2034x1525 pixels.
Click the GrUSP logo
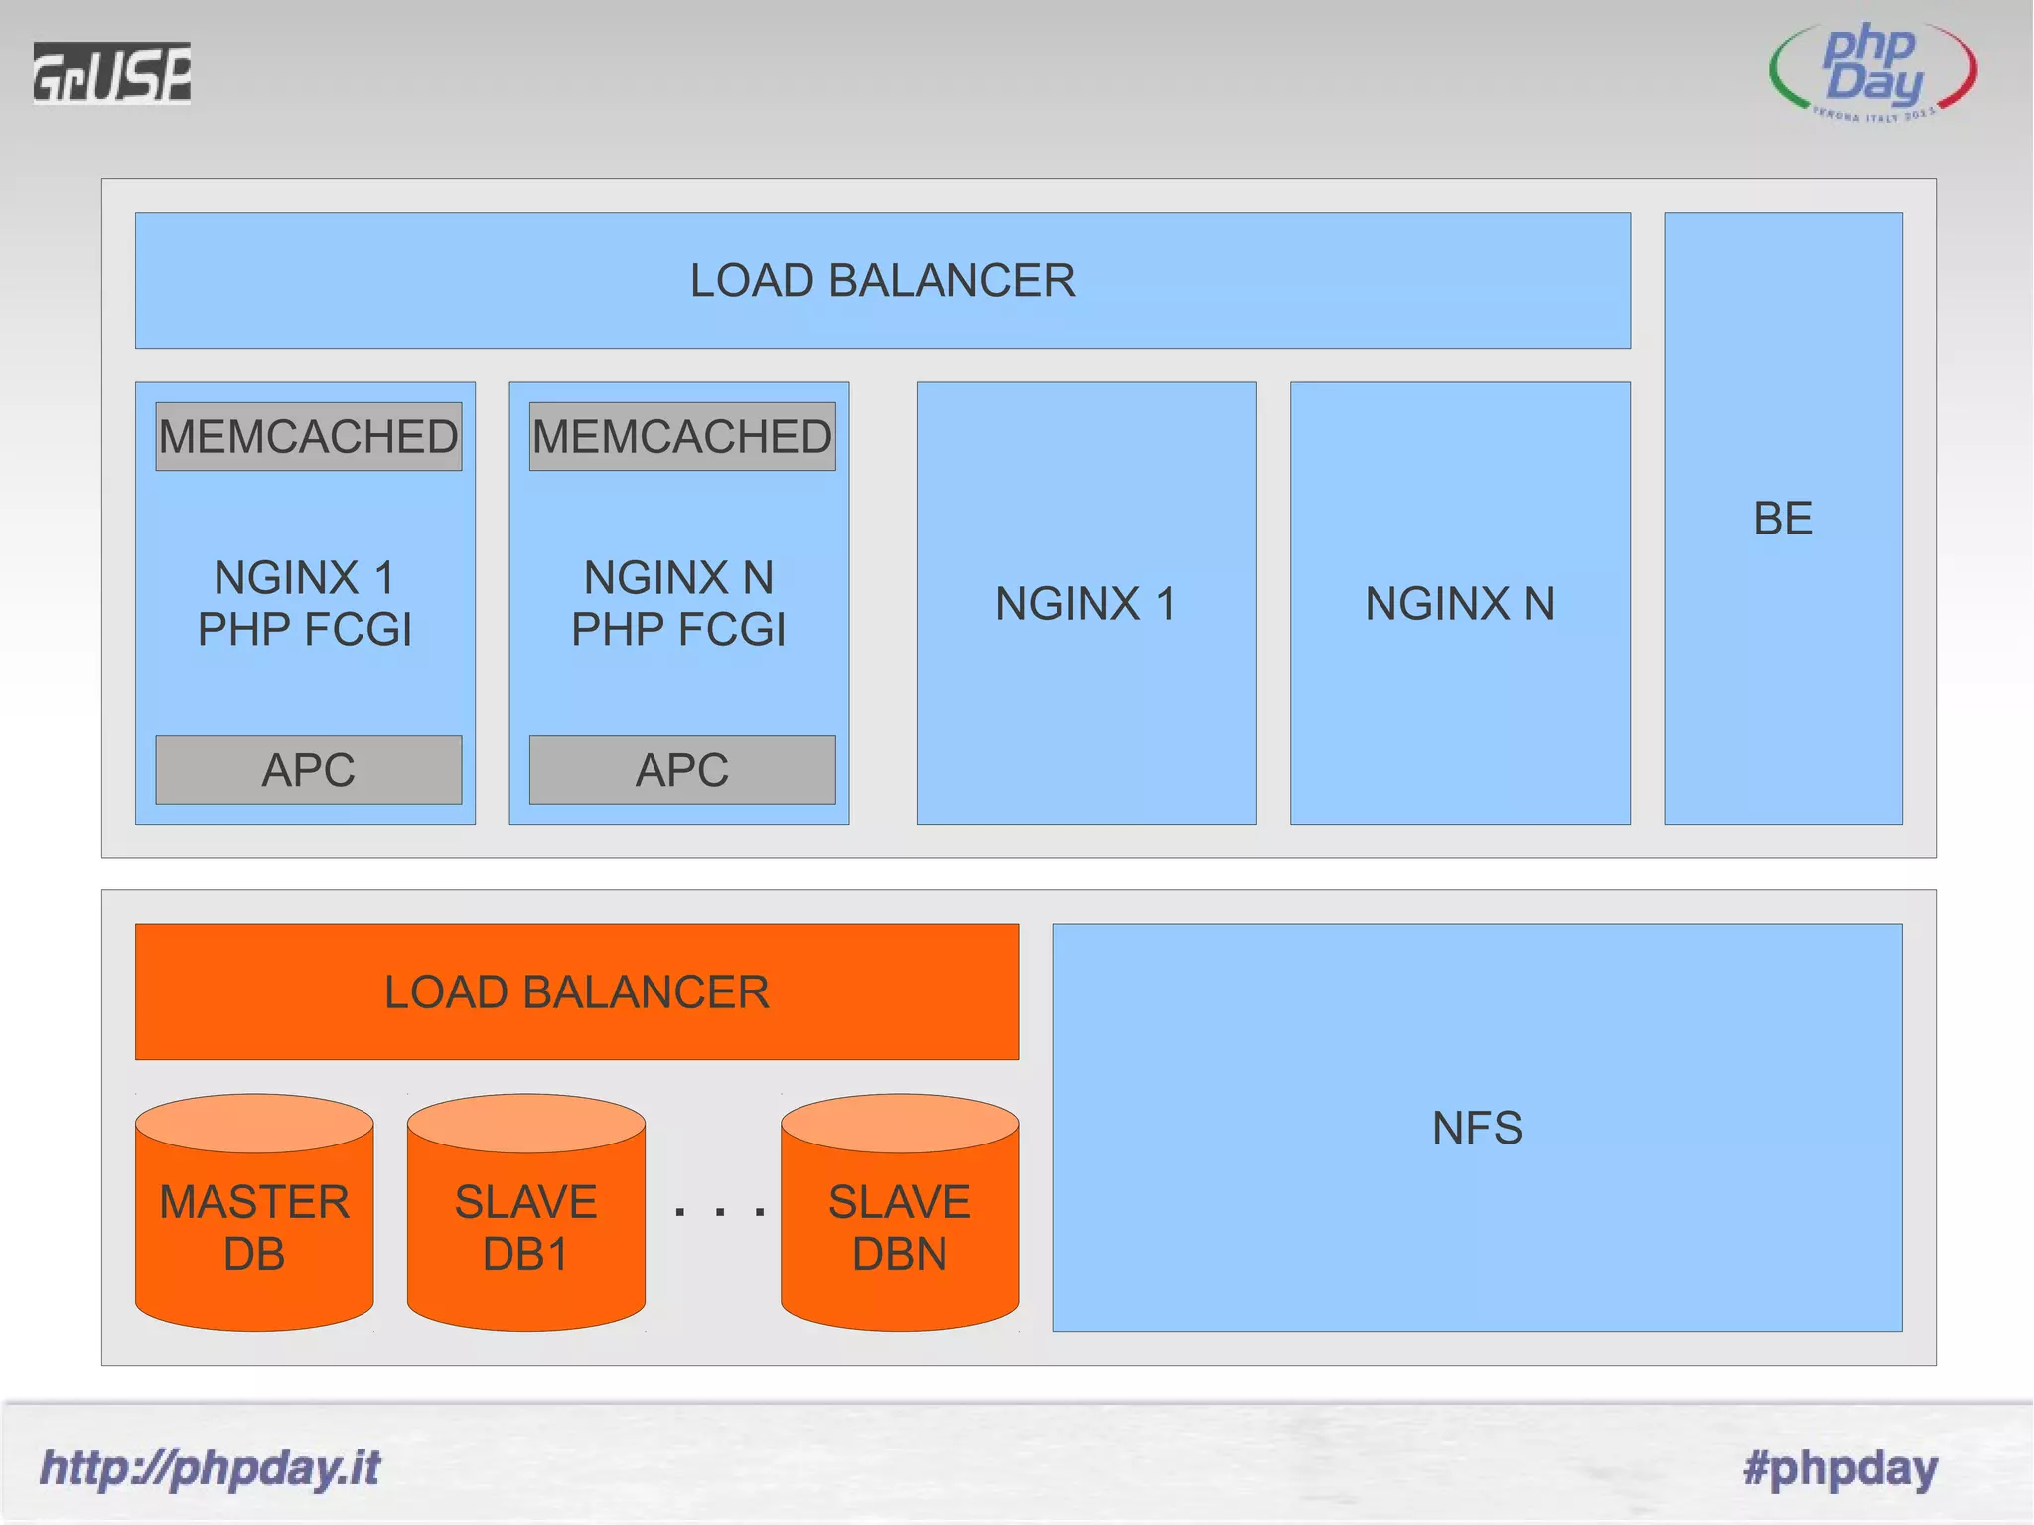click(111, 73)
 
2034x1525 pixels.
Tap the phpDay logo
click(1873, 71)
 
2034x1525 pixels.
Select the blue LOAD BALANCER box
click(882, 280)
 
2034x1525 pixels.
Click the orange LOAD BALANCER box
click(576, 991)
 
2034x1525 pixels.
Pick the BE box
click(1783, 518)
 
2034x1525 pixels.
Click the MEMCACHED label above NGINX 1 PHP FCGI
click(308, 437)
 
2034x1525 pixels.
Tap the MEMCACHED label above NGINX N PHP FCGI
click(681, 437)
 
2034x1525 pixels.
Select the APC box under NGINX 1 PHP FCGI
click(308, 770)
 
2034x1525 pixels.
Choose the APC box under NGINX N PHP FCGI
click(681, 770)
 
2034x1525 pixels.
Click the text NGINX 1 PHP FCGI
click(305, 603)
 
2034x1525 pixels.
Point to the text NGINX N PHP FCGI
click(678, 603)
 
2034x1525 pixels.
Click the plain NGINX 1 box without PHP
click(1086, 603)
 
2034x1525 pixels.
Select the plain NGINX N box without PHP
click(1460, 603)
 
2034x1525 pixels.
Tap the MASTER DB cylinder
click(254, 1227)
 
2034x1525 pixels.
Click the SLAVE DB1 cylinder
click(525, 1227)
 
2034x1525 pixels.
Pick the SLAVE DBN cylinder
click(899, 1227)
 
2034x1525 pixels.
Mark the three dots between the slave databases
click(719, 1211)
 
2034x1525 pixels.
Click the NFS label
click(1477, 1128)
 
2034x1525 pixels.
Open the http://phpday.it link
click(210, 1467)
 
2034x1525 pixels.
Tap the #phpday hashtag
click(1839, 1467)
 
